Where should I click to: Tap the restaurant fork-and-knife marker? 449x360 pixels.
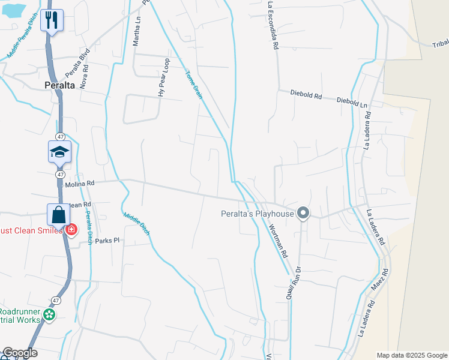[x=53, y=20]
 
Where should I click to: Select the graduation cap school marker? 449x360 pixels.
[x=60, y=152]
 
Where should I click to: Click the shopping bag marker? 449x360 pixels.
[x=59, y=214]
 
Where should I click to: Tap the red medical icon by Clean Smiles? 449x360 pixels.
[x=71, y=229]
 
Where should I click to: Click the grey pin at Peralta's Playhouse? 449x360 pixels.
[x=304, y=213]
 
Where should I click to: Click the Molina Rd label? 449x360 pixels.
[x=80, y=184]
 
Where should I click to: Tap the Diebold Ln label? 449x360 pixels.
[x=352, y=102]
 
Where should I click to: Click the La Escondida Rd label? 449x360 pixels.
[x=273, y=25]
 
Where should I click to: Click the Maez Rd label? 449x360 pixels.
[x=379, y=280]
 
